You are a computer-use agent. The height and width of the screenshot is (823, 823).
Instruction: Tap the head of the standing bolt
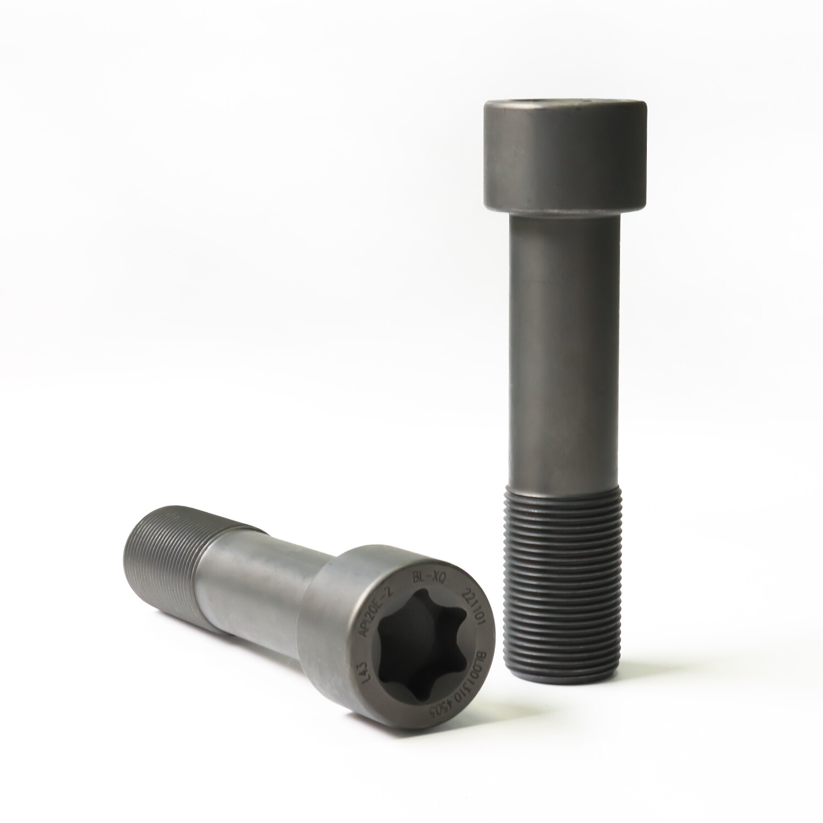566,156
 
